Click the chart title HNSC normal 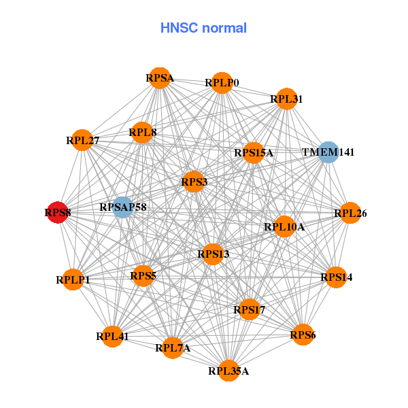203,28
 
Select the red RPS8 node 58,213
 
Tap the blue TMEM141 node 328,152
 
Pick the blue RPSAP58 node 122,206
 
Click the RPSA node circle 159,78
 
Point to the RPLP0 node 222,83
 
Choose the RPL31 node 286,99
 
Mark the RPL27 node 82,141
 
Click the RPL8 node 142,132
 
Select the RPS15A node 253,152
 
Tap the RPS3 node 194,182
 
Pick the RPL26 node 350,214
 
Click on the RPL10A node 284,226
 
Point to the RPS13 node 214,254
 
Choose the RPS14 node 337,277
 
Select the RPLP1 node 73,279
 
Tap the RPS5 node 143,276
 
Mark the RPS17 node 249,310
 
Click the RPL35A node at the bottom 228,371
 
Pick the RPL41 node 112,336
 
